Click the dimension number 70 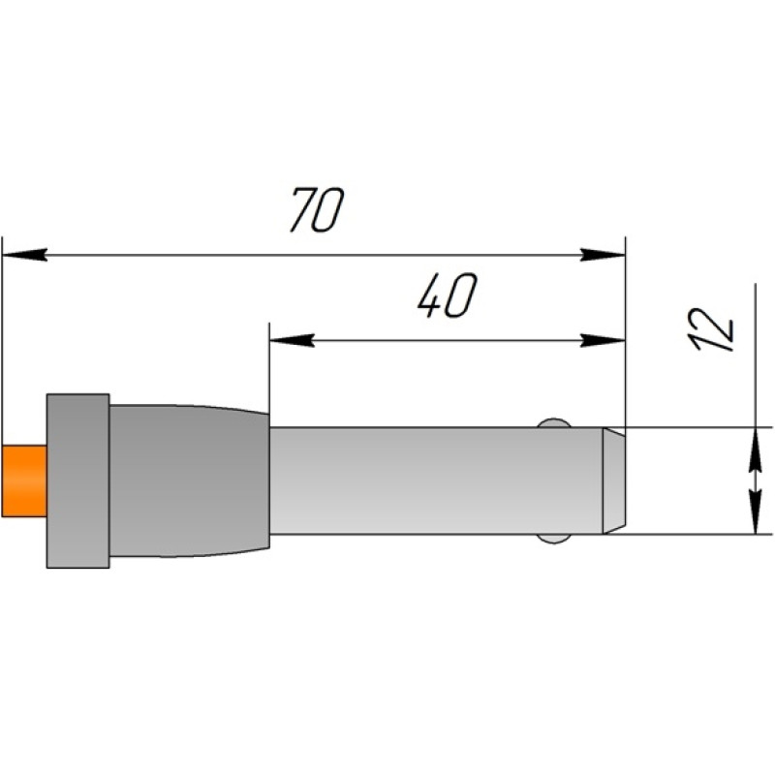pyautogui.click(x=317, y=209)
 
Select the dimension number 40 pyautogui.click(x=448, y=295)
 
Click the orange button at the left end pyautogui.click(x=24, y=480)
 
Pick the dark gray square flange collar pyautogui.click(x=78, y=480)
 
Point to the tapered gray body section pyautogui.click(x=189, y=480)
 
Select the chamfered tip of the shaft pyautogui.click(x=614, y=480)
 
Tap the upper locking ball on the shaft pyautogui.click(x=554, y=423)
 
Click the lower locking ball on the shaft pyautogui.click(x=554, y=539)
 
